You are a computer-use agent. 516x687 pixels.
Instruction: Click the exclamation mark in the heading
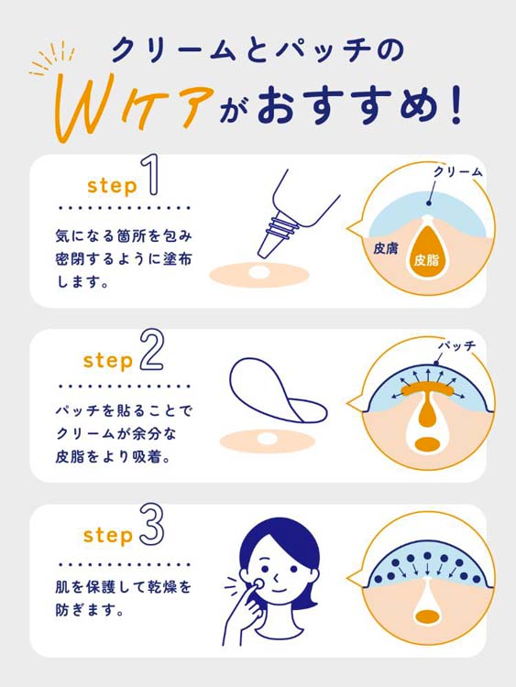click(456, 104)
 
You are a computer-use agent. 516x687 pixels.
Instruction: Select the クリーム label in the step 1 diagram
click(457, 171)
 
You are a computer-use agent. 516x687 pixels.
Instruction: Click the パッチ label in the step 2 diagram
click(458, 345)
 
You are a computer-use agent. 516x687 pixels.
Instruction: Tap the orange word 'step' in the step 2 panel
click(107, 360)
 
